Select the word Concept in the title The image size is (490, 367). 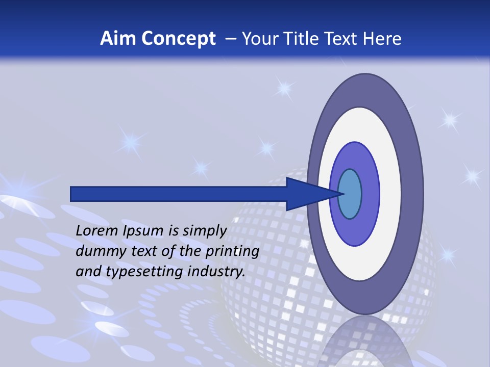(178, 39)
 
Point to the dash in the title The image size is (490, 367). (230, 39)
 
